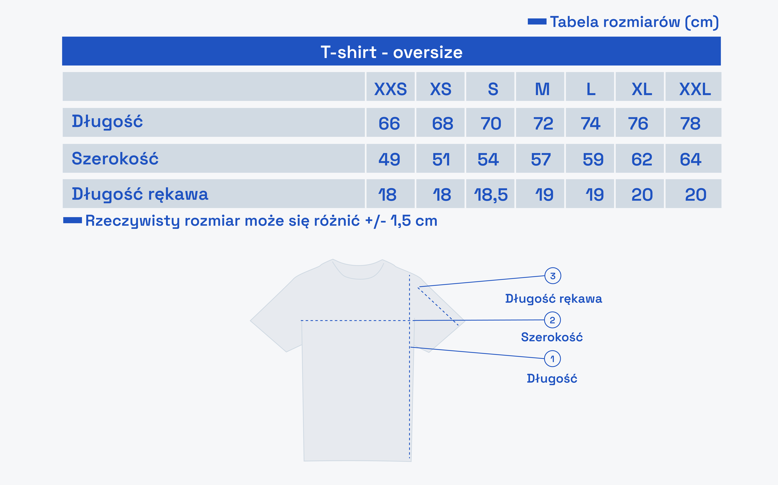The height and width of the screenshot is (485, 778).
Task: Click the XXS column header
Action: coord(390,89)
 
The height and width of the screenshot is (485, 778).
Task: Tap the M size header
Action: coord(542,89)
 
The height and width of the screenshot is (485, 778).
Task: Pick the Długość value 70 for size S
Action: coord(491,124)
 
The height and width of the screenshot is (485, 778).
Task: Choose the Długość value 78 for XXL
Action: coord(690,124)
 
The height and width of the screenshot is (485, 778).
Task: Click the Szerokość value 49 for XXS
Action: coord(389,159)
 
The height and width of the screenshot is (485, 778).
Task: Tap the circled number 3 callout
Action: coord(553,276)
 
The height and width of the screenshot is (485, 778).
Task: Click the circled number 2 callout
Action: coord(552,320)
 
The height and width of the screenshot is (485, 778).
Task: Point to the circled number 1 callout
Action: coord(552,359)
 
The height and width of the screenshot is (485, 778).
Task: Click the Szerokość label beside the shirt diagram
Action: coord(552,337)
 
